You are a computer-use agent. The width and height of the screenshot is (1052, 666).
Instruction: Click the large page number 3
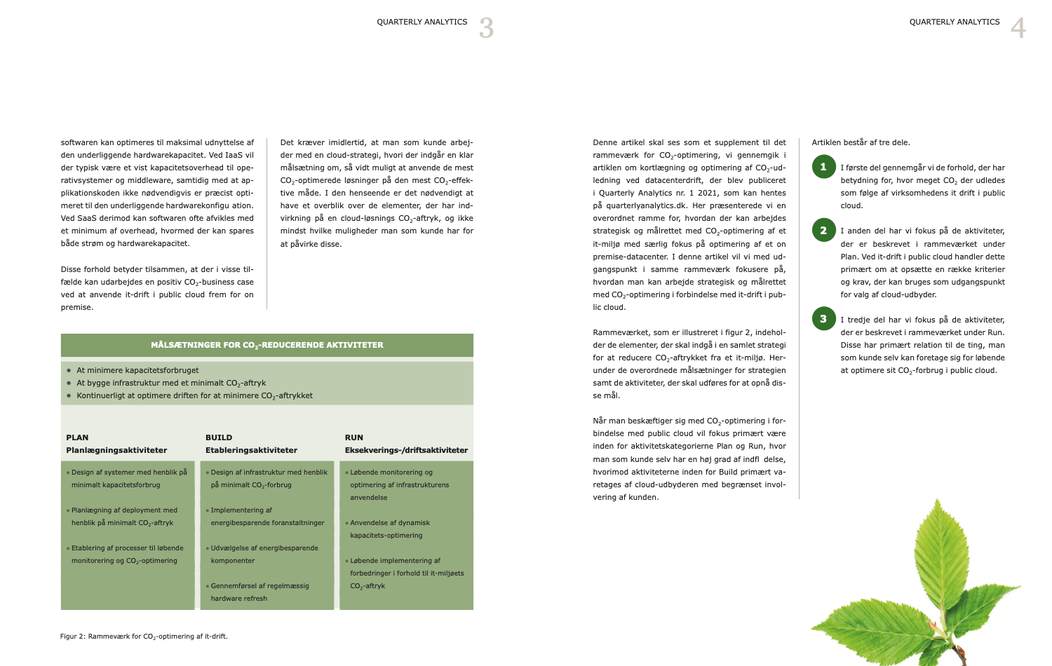pyautogui.click(x=487, y=28)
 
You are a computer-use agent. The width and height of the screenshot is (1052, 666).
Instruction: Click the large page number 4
pyautogui.click(x=1018, y=28)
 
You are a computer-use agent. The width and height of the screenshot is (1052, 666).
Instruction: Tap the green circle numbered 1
pyautogui.click(x=823, y=167)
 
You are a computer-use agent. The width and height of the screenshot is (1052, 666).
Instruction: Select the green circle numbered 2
pyautogui.click(x=823, y=230)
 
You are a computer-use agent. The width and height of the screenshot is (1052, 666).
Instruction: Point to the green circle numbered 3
pyautogui.click(x=823, y=318)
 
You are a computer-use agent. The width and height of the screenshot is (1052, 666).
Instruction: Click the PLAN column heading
pyautogui.click(x=77, y=437)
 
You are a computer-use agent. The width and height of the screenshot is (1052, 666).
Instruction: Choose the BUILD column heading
pyautogui.click(x=219, y=437)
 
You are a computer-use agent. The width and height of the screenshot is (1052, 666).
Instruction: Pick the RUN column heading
pyautogui.click(x=354, y=437)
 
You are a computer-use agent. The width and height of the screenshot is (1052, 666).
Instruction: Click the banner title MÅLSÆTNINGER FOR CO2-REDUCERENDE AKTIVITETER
pyautogui.click(x=267, y=345)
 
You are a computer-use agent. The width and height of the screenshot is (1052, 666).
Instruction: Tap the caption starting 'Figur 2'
pyautogui.click(x=144, y=637)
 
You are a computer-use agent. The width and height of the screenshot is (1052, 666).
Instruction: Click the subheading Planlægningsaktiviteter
pyautogui.click(x=116, y=450)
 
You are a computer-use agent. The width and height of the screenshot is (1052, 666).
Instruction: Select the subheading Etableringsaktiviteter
pyautogui.click(x=251, y=450)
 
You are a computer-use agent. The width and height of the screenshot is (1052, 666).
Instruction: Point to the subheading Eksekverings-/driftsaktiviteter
pyautogui.click(x=406, y=450)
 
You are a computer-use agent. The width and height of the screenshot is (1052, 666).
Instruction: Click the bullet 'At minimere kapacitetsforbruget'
pyautogui.click(x=137, y=370)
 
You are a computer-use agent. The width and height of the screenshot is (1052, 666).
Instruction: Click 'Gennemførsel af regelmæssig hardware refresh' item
pyautogui.click(x=259, y=592)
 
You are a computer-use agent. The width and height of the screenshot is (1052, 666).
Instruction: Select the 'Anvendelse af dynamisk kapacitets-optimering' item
pyautogui.click(x=389, y=529)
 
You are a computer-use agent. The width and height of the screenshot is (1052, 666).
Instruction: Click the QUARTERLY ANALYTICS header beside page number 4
pyautogui.click(x=955, y=22)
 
